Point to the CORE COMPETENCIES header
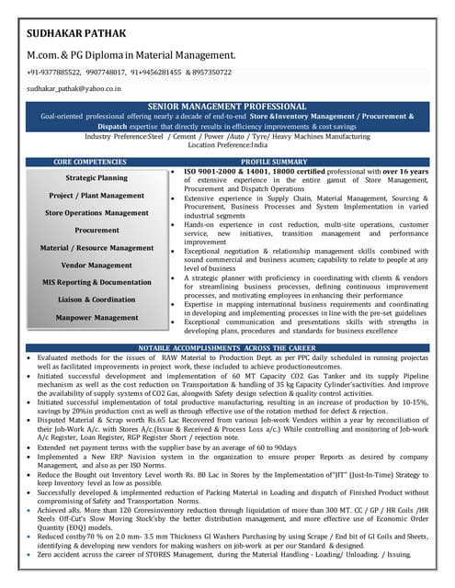(96, 161)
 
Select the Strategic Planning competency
(97, 177)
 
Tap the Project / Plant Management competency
(97, 196)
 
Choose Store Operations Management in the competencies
(97, 213)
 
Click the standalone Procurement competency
(97, 231)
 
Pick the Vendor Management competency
(97, 265)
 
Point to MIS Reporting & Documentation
(97, 282)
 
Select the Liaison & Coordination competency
(97, 300)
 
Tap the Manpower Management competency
(97, 317)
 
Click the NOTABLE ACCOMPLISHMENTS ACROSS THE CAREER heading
(227, 348)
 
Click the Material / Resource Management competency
(97, 248)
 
